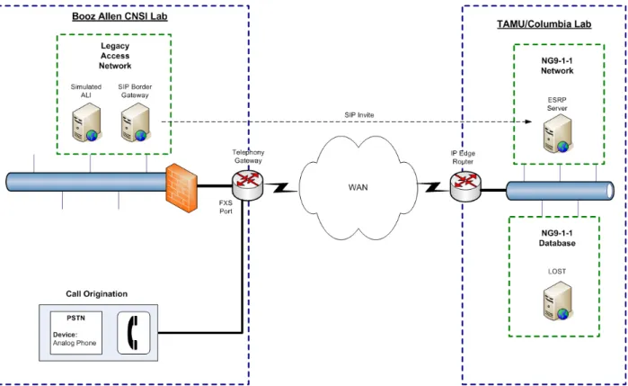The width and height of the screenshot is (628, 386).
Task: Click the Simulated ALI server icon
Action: (86, 122)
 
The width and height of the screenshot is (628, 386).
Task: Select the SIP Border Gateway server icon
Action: (136, 122)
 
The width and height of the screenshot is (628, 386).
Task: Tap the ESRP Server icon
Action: (558, 133)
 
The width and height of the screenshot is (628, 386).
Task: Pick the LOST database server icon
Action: (558, 301)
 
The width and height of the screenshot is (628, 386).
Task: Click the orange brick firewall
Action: (181, 187)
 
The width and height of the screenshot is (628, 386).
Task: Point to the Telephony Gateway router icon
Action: (248, 185)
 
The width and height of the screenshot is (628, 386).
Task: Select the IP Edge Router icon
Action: (465, 185)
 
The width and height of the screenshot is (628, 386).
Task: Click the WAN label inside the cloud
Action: (358, 187)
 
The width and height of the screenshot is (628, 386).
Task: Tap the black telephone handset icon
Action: (133, 333)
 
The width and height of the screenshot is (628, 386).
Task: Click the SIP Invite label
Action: (359, 115)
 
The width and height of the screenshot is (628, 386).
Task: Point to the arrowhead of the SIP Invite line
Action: (529, 121)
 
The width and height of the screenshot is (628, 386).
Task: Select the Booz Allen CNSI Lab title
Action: (119, 16)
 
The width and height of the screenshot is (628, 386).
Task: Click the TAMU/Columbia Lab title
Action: (544, 24)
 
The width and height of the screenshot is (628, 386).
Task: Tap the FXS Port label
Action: (226, 207)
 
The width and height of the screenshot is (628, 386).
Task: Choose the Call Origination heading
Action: (96, 293)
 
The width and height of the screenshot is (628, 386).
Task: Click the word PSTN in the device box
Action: (75, 318)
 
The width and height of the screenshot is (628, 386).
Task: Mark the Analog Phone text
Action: (75, 343)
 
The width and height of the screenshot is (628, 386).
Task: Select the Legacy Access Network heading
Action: (115, 56)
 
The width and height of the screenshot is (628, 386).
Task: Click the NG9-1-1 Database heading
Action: (557, 238)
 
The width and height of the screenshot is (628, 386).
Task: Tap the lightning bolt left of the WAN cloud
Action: (280, 187)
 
